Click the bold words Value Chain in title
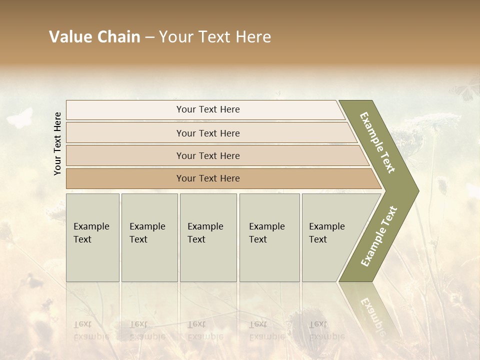pyautogui.click(x=94, y=37)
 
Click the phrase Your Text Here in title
pyautogui.click(x=215, y=37)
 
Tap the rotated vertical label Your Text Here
pyautogui.click(x=57, y=143)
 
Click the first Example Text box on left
pyautogui.click(x=92, y=237)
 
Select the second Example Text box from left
pyautogui.click(x=149, y=237)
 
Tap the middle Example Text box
pyautogui.click(x=208, y=237)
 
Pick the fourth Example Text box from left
pyautogui.click(x=269, y=237)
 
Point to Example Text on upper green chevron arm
pyautogui.click(x=377, y=142)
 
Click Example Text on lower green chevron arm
pyautogui.click(x=378, y=236)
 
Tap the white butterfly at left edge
pyautogui.click(x=20, y=118)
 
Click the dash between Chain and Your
pyautogui.click(x=149, y=37)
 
